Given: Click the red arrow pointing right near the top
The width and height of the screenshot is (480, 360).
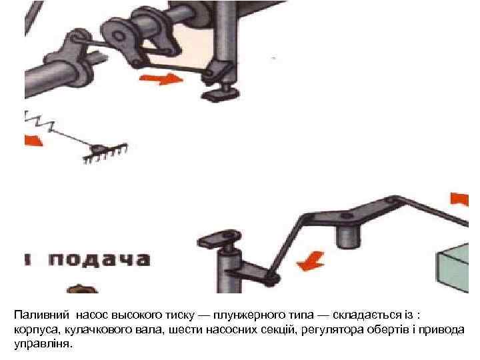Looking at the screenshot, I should [x=161, y=79].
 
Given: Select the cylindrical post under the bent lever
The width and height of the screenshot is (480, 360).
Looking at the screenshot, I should [x=346, y=234].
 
